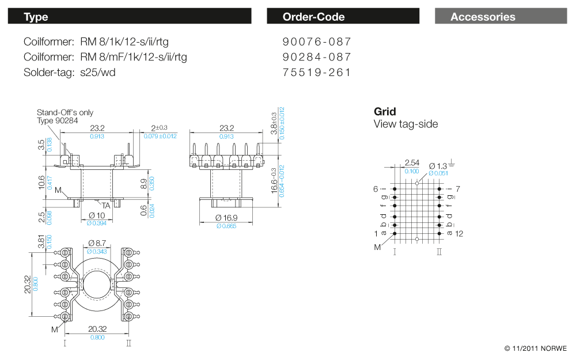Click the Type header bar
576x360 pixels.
click(x=129, y=17)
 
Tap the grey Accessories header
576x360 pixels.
click(x=501, y=17)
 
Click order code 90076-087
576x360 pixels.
click(x=317, y=42)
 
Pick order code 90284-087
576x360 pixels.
click(x=317, y=57)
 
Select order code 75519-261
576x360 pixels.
click(x=317, y=73)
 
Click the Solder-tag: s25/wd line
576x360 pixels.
click(x=69, y=73)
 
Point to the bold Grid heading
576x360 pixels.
click(x=385, y=112)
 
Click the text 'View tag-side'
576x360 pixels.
click(x=406, y=124)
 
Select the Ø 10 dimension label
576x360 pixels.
click(x=97, y=215)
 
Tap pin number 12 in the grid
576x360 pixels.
click(x=459, y=233)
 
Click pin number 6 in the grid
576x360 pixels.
click(x=375, y=188)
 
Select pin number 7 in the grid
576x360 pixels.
click(x=457, y=188)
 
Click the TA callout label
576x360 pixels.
click(x=107, y=205)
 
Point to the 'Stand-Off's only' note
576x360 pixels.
click(x=65, y=112)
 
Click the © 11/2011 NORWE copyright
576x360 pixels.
click(x=535, y=348)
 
